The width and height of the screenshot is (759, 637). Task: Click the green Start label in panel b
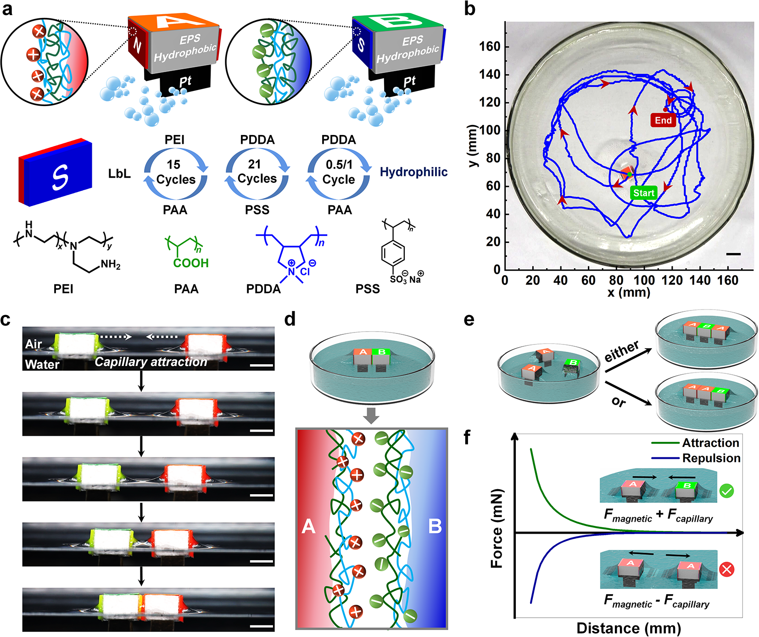(643, 193)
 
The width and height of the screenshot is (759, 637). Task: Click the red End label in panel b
(663, 120)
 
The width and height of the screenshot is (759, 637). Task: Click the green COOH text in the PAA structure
(191, 263)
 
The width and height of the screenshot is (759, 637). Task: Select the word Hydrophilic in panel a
(413, 172)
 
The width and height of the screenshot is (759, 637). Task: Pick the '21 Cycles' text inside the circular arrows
(257, 172)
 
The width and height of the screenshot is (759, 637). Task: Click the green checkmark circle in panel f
(726, 491)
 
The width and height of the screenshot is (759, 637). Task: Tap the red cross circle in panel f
(726, 569)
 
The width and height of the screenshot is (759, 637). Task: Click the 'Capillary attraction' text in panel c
(151, 362)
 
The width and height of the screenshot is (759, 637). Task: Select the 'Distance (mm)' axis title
(629, 628)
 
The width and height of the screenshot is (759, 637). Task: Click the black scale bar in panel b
(733, 254)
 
